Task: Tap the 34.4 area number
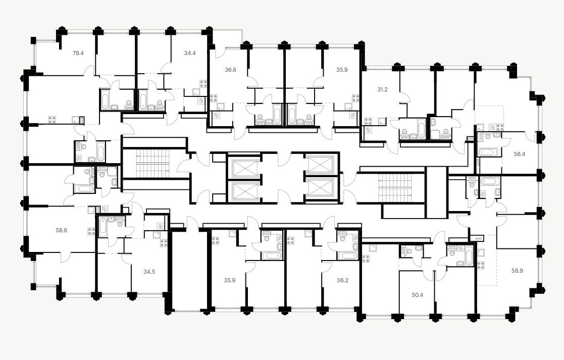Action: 190,53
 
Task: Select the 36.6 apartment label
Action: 230,70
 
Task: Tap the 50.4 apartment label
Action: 417,295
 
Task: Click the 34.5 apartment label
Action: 149,272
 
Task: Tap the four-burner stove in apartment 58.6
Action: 91,232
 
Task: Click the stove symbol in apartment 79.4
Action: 52,120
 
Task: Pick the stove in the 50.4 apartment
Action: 365,259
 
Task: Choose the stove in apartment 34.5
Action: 164,243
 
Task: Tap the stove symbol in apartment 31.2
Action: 368,121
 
